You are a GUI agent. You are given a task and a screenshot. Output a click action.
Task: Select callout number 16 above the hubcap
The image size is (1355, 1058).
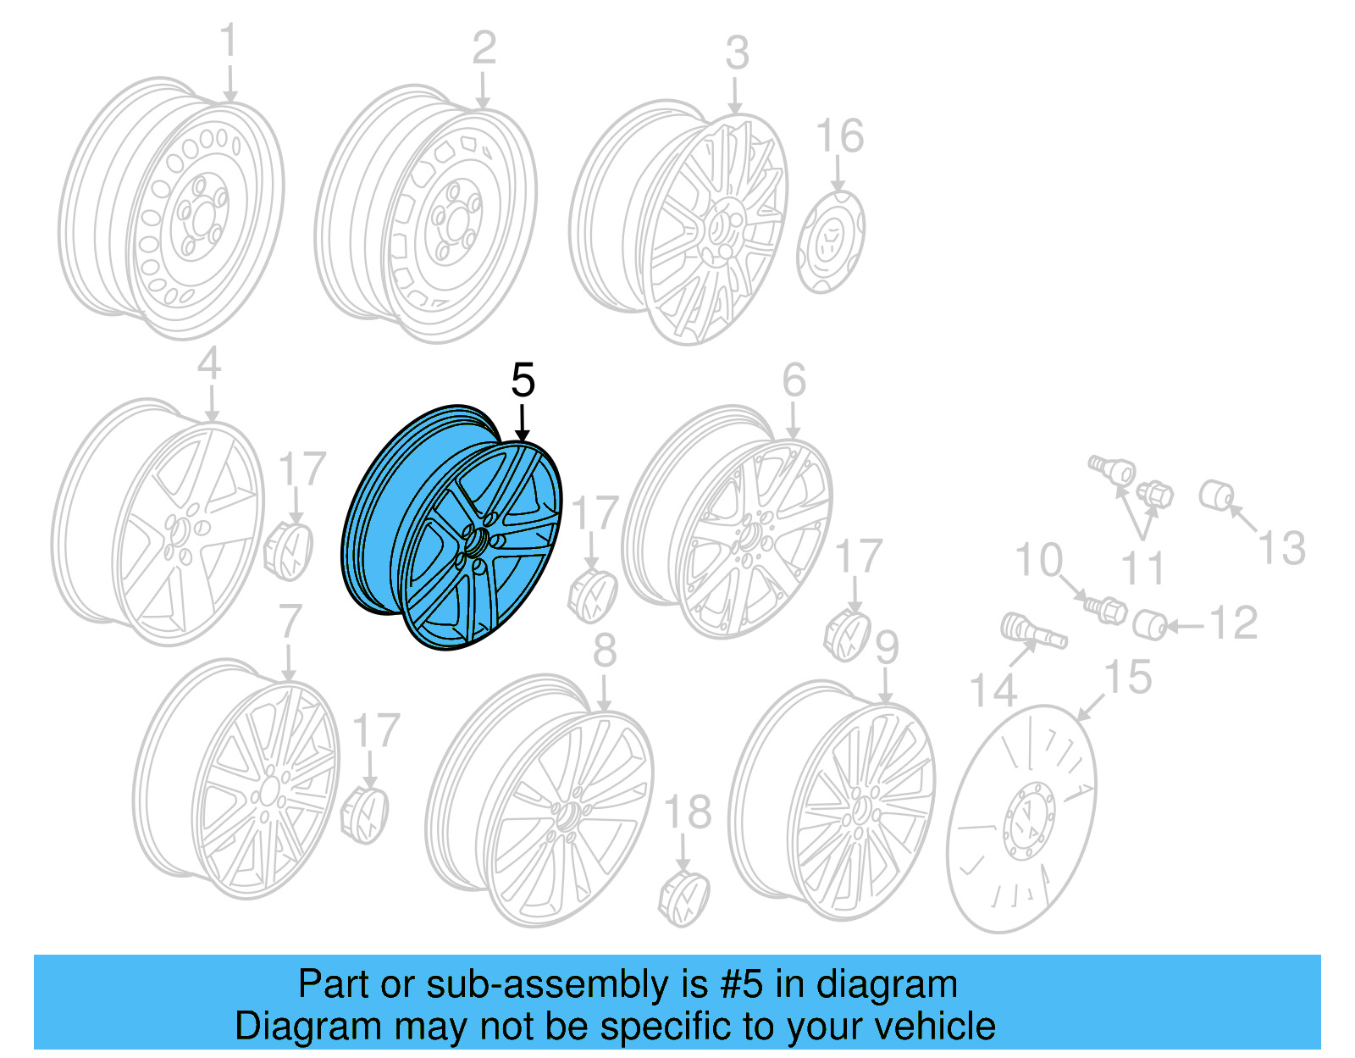839,136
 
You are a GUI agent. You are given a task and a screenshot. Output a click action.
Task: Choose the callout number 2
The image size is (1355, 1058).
484,48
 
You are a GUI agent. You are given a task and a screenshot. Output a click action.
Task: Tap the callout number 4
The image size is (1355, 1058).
209,364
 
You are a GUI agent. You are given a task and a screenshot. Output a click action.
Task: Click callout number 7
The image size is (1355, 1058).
290,621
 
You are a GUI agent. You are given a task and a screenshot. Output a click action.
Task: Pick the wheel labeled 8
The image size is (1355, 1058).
542,817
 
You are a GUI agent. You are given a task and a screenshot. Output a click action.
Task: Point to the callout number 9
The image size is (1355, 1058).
886,648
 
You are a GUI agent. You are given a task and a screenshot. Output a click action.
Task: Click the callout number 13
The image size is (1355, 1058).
1281,547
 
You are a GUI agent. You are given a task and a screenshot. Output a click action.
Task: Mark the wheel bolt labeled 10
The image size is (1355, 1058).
1105,607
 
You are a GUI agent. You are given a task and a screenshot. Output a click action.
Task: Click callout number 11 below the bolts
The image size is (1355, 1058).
1142,568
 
